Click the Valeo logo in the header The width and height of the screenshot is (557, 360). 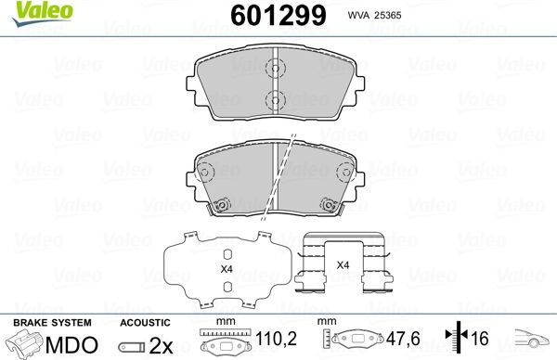pyautogui.click(x=43, y=13)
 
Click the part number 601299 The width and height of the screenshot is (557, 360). pyautogui.click(x=278, y=16)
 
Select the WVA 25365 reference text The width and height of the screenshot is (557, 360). pyautogui.click(x=374, y=15)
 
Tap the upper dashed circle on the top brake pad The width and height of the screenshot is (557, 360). pyautogui.click(x=276, y=68)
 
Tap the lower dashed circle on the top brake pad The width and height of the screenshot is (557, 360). pyautogui.click(x=276, y=100)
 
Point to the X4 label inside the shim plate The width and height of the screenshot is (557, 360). pyautogui.click(x=227, y=269)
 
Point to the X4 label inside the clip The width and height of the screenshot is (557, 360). pyautogui.click(x=343, y=265)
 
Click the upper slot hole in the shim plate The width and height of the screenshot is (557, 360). pyautogui.click(x=227, y=255)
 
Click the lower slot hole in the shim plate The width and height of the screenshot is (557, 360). pyautogui.click(x=227, y=287)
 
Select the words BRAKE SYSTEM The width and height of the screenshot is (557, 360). pyautogui.click(x=52, y=323)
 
